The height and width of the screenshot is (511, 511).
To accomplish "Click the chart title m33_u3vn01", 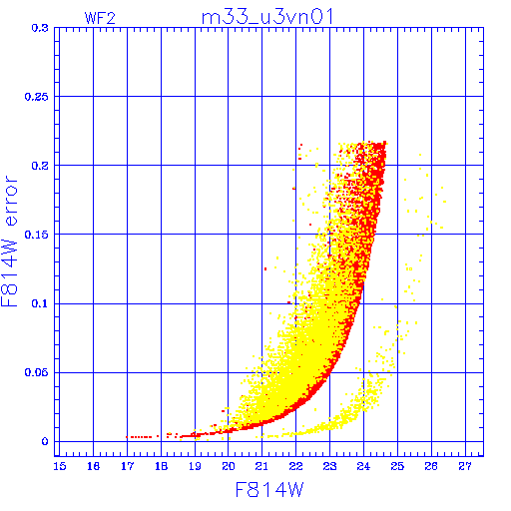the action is point(267,17).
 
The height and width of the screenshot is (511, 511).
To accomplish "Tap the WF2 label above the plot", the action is point(100,18).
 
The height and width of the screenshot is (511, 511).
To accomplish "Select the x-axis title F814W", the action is point(269,490).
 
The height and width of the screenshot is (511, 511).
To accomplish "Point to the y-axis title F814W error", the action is point(10,242).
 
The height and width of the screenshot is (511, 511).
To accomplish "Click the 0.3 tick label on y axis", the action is point(40,28).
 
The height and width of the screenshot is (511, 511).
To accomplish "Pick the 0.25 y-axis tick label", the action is point(37,97).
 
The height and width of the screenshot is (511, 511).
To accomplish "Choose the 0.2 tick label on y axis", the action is point(40,166).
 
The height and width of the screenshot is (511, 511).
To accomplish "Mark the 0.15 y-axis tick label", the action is point(37,235).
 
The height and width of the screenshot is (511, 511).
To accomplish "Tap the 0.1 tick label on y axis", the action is point(40,303).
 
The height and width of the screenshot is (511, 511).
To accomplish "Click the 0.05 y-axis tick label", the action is point(37,372).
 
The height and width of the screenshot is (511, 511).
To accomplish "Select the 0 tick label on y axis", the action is point(45,441).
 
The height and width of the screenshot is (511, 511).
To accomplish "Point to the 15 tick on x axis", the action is point(60,466).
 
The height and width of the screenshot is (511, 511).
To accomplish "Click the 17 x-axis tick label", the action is point(127,466).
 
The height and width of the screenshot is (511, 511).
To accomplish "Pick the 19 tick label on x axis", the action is point(195,466).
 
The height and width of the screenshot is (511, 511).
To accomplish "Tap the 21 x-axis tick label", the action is point(261,466).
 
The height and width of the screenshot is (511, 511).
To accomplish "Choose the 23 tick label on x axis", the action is point(329,466).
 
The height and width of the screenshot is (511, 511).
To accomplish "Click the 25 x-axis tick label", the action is point(397,466).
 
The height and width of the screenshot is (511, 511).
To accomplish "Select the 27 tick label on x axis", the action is point(465,466).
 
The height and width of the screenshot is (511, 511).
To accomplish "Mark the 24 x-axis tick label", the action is point(363,466).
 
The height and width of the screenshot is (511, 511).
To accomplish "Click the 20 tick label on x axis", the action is point(229,466).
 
